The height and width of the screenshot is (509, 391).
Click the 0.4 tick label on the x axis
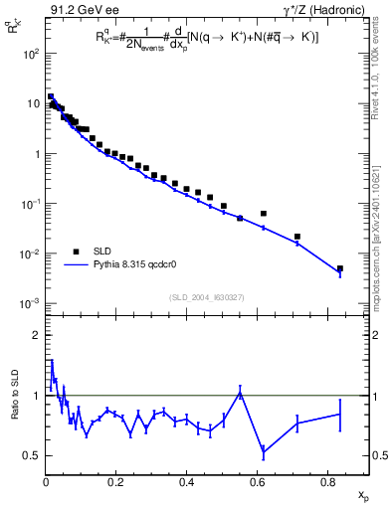pyautogui.click(x=186, y=483)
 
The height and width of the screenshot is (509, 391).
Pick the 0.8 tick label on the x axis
pyautogui.click(x=326, y=483)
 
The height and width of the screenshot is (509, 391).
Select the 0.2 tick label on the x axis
pyautogui.click(x=115, y=483)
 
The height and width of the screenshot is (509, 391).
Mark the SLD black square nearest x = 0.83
pyautogui.click(x=339, y=268)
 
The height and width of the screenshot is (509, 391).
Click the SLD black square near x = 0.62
pyautogui.click(x=264, y=214)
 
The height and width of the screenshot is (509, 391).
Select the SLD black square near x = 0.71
pyautogui.click(x=297, y=237)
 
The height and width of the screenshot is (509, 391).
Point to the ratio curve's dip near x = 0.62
pyautogui.click(x=264, y=453)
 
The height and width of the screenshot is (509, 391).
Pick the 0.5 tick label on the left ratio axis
pyautogui.click(x=31, y=455)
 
